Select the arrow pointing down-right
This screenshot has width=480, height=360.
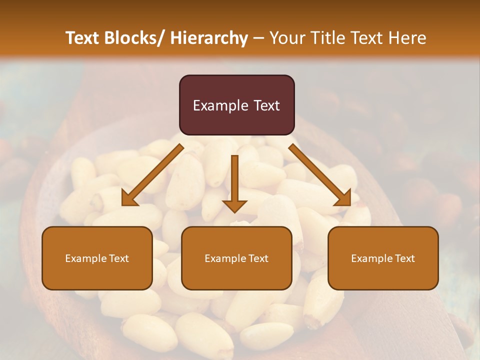pos(320,175)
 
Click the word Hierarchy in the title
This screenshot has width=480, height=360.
pos(209,38)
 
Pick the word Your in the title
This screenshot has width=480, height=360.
pos(285,38)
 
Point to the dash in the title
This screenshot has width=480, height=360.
pos(258,38)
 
